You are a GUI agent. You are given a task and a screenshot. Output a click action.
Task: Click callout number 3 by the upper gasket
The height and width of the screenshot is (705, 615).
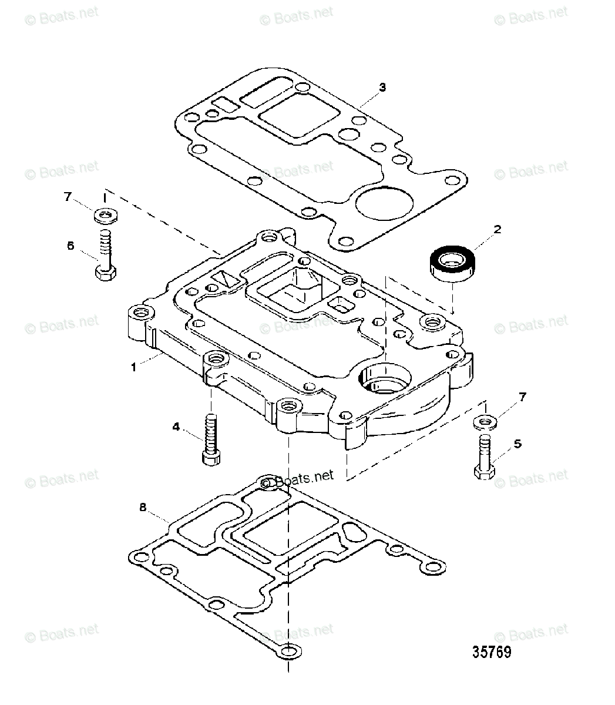click(x=382, y=88)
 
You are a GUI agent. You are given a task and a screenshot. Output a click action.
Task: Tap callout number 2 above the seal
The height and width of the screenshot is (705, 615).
click(x=497, y=229)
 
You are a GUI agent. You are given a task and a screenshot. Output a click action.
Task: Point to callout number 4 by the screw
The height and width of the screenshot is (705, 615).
click(x=176, y=428)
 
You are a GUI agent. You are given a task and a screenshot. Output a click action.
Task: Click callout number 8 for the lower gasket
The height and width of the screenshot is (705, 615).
click(x=142, y=506)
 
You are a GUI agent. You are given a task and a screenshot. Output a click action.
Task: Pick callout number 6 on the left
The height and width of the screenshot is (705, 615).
click(x=70, y=246)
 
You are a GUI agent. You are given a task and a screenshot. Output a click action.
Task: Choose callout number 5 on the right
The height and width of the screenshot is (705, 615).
click(x=517, y=444)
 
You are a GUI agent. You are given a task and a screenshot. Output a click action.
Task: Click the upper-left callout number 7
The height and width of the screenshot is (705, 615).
click(x=68, y=197)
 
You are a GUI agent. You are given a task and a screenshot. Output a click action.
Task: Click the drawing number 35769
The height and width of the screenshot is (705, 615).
click(x=492, y=652)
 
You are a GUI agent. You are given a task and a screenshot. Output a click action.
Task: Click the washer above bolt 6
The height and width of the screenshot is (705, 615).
click(x=105, y=217)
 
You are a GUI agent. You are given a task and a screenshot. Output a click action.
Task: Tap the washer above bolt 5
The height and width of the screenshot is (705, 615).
click(x=483, y=422)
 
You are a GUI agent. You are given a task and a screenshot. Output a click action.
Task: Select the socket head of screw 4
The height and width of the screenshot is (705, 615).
click(x=211, y=458)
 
